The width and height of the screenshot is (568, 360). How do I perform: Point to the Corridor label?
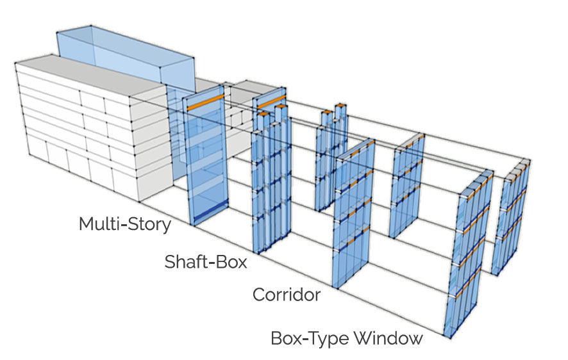click(x=286, y=295)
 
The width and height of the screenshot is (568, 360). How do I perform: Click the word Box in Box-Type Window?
click(x=287, y=338)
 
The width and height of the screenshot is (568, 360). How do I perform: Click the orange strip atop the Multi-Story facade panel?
click(x=206, y=99)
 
